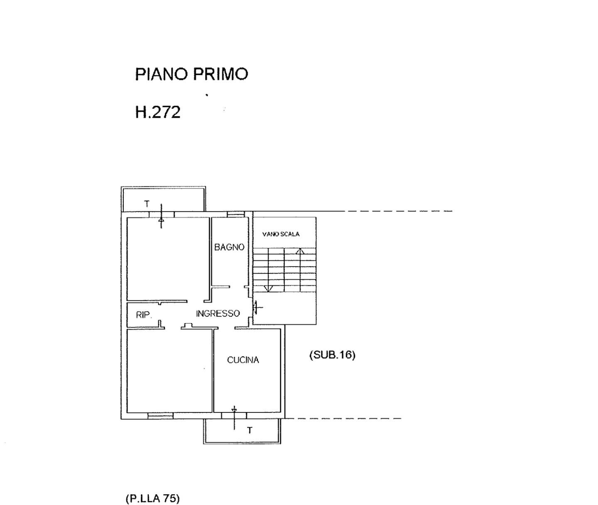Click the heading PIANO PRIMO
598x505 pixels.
(191, 74)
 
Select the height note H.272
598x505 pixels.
(158, 112)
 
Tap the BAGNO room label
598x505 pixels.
(229, 247)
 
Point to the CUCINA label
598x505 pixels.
(243, 360)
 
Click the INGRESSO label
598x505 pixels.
(218, 314)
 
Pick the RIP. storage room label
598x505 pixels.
(144, 315)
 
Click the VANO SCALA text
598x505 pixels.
(281, 234)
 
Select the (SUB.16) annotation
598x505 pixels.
(332, 355)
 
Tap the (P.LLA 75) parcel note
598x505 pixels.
(153, 498)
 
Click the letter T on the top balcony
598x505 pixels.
(147, 204)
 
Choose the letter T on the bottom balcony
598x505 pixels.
(250, 430)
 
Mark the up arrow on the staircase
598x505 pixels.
(300, 251)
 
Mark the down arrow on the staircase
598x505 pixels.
(268, 289)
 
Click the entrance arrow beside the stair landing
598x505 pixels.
(257, 308)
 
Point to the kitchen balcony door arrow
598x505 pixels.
(234, 418)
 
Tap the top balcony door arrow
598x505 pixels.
(161, 216)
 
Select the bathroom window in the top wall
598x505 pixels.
(236, 214)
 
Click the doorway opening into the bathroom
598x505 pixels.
(237, 287)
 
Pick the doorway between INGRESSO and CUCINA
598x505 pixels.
(226, 328)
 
